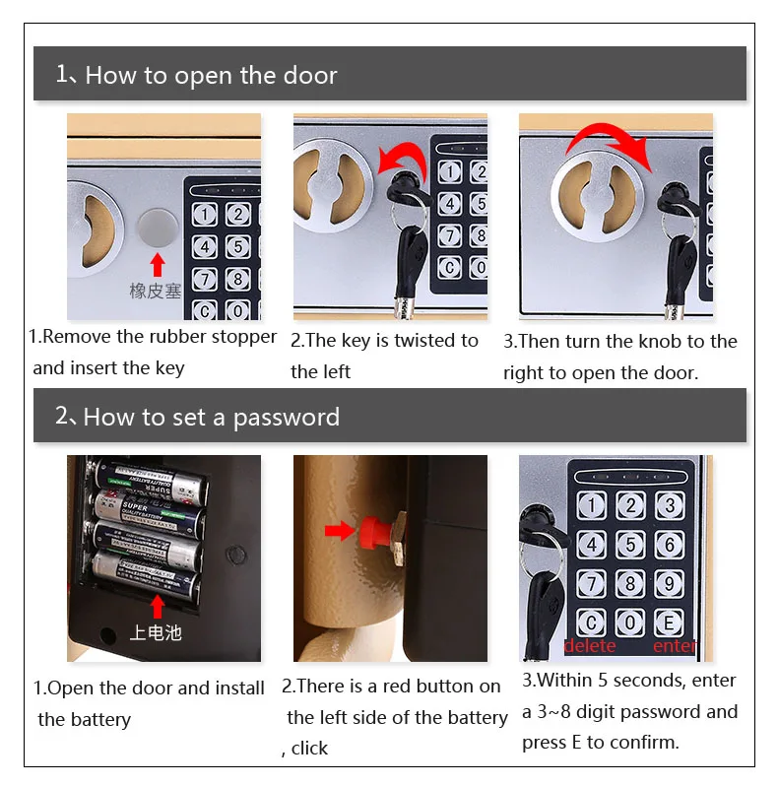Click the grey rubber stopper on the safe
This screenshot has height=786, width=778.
(158, 229)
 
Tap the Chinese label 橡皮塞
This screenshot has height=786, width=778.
(156, 291)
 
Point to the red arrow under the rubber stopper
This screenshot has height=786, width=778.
(158, 264)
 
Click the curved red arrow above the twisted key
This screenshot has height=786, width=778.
(402, 160)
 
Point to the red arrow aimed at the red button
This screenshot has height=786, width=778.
(340, 530)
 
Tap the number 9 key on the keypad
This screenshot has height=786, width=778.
(670, 583)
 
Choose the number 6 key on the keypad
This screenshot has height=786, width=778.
(670, 545)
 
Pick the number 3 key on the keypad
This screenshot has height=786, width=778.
(670, 505)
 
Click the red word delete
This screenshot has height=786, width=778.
(590, 646)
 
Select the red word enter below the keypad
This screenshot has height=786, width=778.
(675, 646)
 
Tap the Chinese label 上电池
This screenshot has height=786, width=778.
(156, 632)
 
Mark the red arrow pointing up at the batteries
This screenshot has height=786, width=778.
(158, 607)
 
